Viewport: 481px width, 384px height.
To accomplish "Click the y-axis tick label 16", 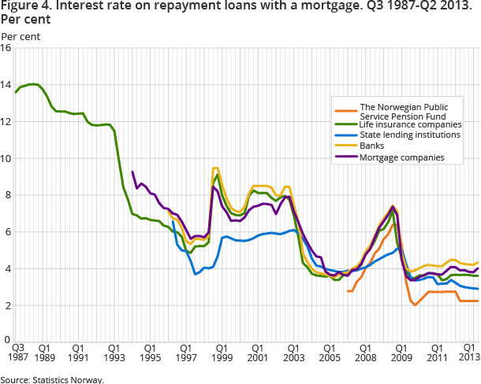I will (6, 48).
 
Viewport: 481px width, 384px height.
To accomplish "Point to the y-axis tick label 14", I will (6, 85).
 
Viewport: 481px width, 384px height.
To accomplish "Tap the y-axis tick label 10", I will (6, 158).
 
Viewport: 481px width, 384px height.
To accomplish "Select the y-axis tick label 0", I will (8, 342).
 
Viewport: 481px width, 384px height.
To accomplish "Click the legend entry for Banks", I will (372, 146).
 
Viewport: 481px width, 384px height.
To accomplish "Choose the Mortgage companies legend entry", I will (401, 157).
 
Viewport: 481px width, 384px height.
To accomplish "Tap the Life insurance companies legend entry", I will (410, 124).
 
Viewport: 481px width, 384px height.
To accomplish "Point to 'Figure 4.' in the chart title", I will (23, 7).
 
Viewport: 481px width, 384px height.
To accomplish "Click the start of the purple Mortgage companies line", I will (132, 172).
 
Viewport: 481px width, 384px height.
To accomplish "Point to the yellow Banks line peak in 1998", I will (215, 168).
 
